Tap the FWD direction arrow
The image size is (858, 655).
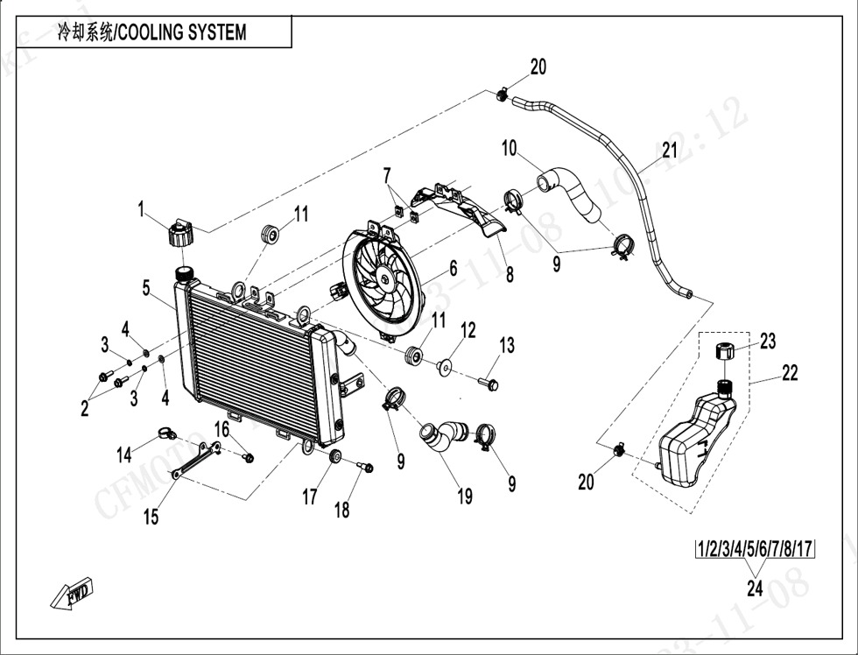click(x=72, y=595)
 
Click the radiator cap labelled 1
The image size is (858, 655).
click(x=179, y=234)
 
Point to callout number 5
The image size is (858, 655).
click(x=147, y=286)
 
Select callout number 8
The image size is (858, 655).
click(x=509, y=273)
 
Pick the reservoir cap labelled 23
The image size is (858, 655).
click(x=724, y=352)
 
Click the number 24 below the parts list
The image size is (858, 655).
click(x=755, y=588)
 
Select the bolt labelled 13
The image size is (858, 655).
click(x=488, y=383)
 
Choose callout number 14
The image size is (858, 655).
click(x=124, y=454)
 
